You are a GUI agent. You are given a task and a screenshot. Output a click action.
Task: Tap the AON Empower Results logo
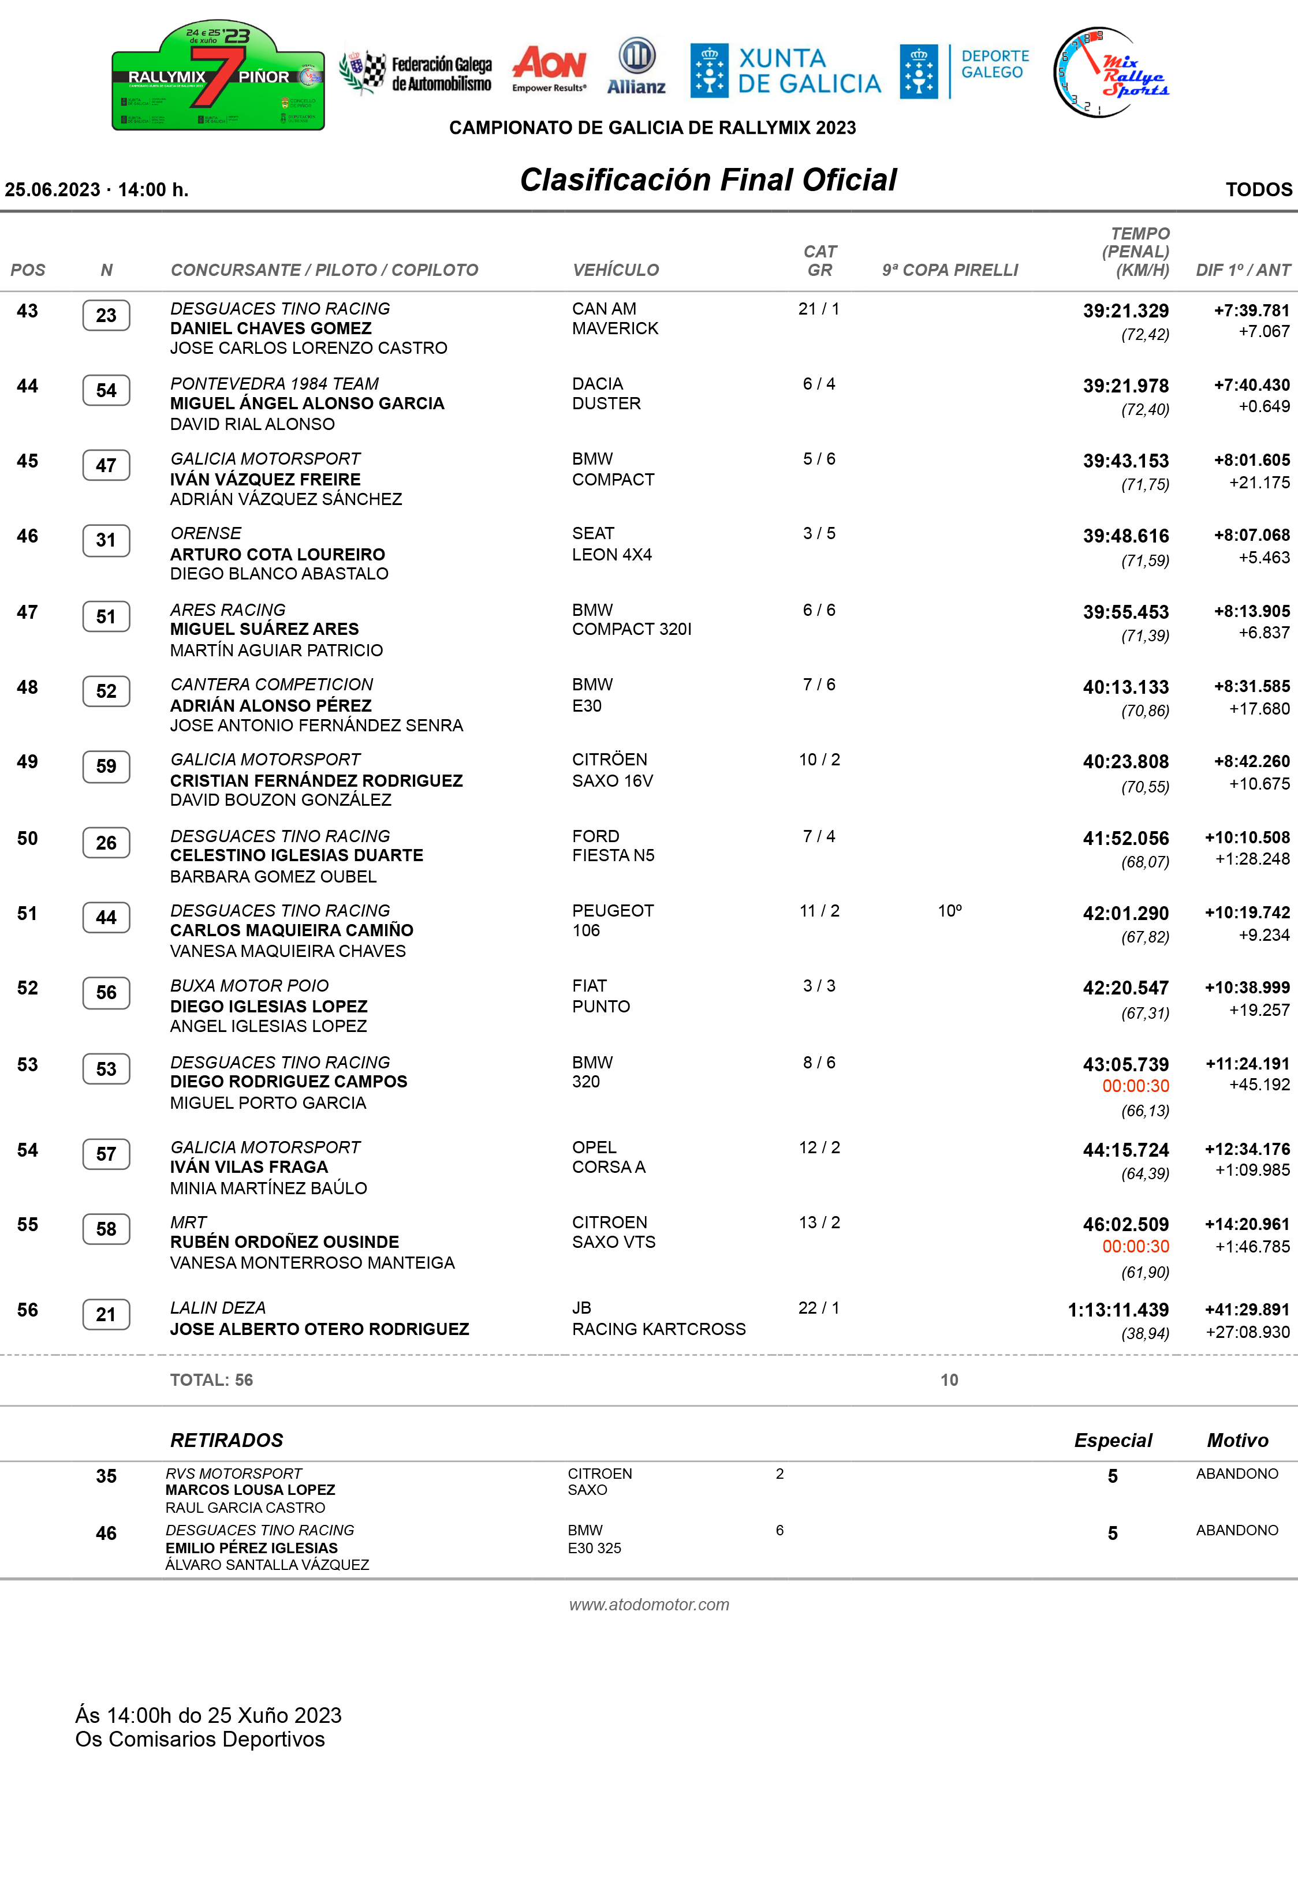click(x=550, y=68)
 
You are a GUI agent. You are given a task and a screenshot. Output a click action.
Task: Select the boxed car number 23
click(x=106, y=316)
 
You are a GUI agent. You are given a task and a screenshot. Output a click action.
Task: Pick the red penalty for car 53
click(x=1135, y=1086)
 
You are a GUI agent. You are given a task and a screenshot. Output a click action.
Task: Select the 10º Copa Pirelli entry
click(x=949, y=911)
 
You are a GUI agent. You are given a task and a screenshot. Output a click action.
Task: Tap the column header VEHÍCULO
click(x=616, y=270)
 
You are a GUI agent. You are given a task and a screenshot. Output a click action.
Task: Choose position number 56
click(x=28, y=1310)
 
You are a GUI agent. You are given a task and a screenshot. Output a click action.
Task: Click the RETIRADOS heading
click(x=226, y=1440)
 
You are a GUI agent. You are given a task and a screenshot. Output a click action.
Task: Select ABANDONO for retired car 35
click(x=1236, y=1474)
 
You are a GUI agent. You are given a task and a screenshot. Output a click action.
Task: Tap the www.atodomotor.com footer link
click(x=649, y=1605)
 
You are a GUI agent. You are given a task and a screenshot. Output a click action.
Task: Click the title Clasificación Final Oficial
click(x=708, y=180)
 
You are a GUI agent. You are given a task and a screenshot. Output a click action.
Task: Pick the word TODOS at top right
click(x=1258, y=190)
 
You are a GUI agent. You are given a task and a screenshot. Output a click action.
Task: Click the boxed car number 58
click(x=106, y=1229)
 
